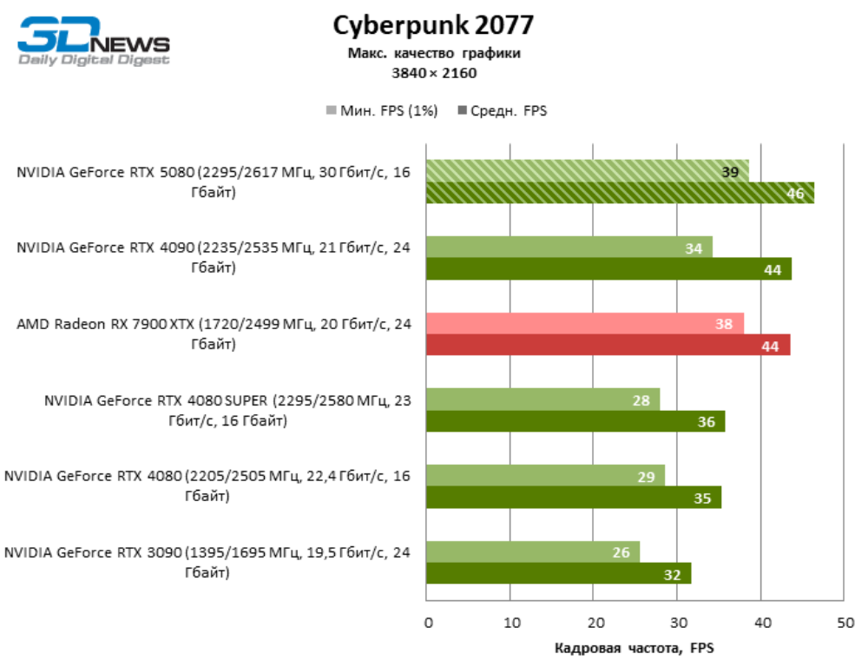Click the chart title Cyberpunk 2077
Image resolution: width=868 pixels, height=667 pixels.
click(x=433, y=25)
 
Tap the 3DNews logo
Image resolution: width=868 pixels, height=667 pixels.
click(x=94, y=41)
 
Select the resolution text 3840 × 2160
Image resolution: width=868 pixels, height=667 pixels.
click(x=434, y=73)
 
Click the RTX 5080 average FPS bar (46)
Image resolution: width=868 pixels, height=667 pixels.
click(x=620, y=193)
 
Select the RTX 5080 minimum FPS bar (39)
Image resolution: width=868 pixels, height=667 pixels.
click(x=587, y=171)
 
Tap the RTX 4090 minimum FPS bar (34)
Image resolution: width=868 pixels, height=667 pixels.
click(x=569, y=248)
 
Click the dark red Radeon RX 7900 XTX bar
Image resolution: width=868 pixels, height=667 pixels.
click(x=608, y=345)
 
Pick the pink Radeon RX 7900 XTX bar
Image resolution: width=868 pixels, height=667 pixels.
click(x=584, y=323)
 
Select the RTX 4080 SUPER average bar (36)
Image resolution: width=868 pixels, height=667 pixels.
click(x=575, y=421)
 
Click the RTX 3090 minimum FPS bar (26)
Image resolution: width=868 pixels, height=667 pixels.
click(x=532, y=551)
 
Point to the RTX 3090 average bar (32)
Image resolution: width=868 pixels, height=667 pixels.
click(x=558, y=573)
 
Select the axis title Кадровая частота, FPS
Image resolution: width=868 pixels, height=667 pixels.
click(x=634, y=648)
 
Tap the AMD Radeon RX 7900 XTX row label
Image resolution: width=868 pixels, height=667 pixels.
click(x=214, y=334)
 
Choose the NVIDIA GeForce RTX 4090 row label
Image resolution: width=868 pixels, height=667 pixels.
click(x=214, y=258)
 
